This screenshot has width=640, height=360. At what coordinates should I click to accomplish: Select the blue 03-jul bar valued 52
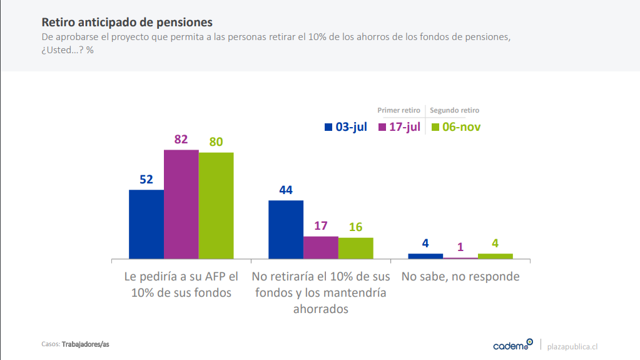[146, 224]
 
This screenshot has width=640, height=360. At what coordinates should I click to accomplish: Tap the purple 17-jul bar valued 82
[181, 204]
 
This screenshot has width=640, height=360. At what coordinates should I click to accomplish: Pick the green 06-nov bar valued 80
[216, 205]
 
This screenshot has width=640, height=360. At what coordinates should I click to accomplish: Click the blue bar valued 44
[286, 229]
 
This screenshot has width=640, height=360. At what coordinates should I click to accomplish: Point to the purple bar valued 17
[321, 247]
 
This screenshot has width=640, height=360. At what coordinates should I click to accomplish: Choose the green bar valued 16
[355, 248]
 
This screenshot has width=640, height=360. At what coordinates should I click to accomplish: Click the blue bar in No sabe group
[425, 255]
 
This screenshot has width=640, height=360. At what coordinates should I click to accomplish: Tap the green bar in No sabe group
[495, 255]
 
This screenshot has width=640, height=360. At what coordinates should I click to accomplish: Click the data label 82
[181, 140]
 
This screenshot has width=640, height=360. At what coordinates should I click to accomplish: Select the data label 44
[286, 190]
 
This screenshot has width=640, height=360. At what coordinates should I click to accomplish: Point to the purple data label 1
[460, 247]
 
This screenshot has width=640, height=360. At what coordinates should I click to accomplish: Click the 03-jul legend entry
[345, 127]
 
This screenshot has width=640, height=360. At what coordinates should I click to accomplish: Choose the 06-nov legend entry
[456, 127]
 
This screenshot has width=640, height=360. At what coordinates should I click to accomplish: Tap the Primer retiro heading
[399, 110]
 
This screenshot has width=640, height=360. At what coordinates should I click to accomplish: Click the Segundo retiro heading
[454, 110]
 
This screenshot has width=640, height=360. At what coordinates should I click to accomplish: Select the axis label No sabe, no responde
[460, 276]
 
